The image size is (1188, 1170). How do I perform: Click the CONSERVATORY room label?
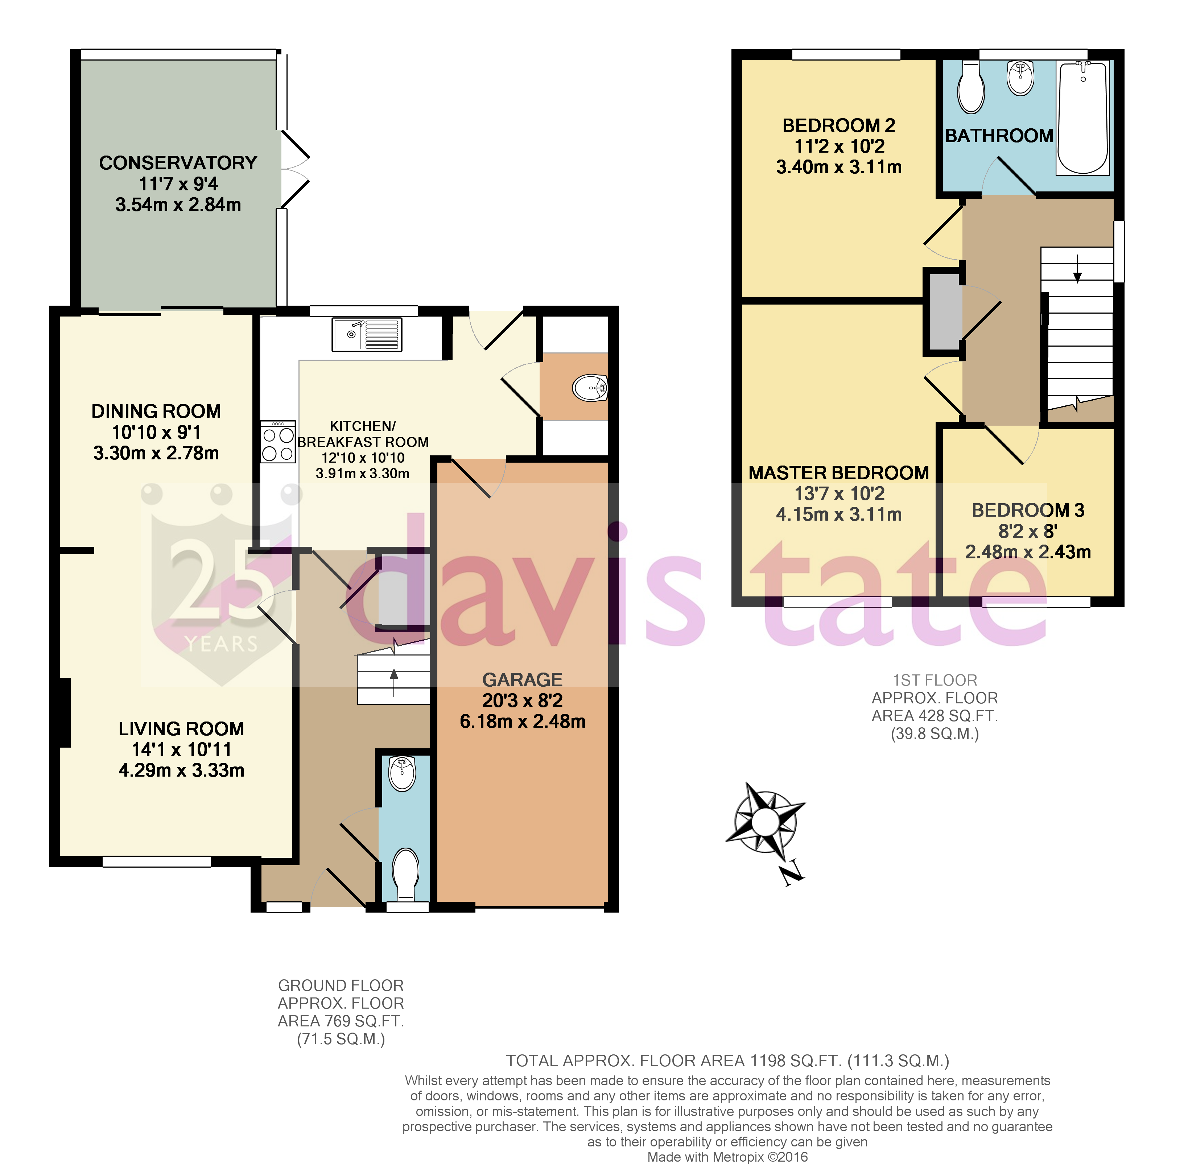tap(178, 163)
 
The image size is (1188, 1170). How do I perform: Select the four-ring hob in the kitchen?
tap(278, 442)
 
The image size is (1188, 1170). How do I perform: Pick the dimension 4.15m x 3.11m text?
tap(838, 514)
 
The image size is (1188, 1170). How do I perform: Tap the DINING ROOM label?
tap(156, 411)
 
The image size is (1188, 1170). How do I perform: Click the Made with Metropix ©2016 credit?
tap(727, 1157)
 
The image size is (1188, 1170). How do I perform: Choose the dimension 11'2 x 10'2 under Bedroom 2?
tap(839, 146)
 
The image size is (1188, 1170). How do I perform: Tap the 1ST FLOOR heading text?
tap(934, 680)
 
